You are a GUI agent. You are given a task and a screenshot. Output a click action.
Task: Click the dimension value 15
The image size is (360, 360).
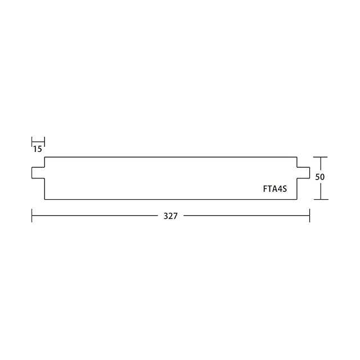click(38, 149)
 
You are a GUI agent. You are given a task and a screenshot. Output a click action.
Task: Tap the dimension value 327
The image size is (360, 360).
click(170, 216)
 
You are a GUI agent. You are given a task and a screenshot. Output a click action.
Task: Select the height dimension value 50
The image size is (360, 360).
click(320, 177)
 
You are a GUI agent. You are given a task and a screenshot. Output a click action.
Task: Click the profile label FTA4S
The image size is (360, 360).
click(275, 189)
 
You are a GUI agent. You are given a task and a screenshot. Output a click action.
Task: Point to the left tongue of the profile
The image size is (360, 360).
click(38, 173)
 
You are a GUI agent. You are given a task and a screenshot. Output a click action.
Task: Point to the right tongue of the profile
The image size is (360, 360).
click(303, 173)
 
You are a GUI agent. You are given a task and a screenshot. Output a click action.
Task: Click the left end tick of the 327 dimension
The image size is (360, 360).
click(31, 215)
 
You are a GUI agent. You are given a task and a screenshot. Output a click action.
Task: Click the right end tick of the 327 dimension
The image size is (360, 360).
click(310, 215)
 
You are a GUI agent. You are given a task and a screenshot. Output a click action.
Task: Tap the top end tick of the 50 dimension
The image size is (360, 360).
click(321, 157)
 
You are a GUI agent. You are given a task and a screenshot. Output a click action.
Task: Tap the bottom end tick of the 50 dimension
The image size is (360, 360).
click(321, 200)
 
